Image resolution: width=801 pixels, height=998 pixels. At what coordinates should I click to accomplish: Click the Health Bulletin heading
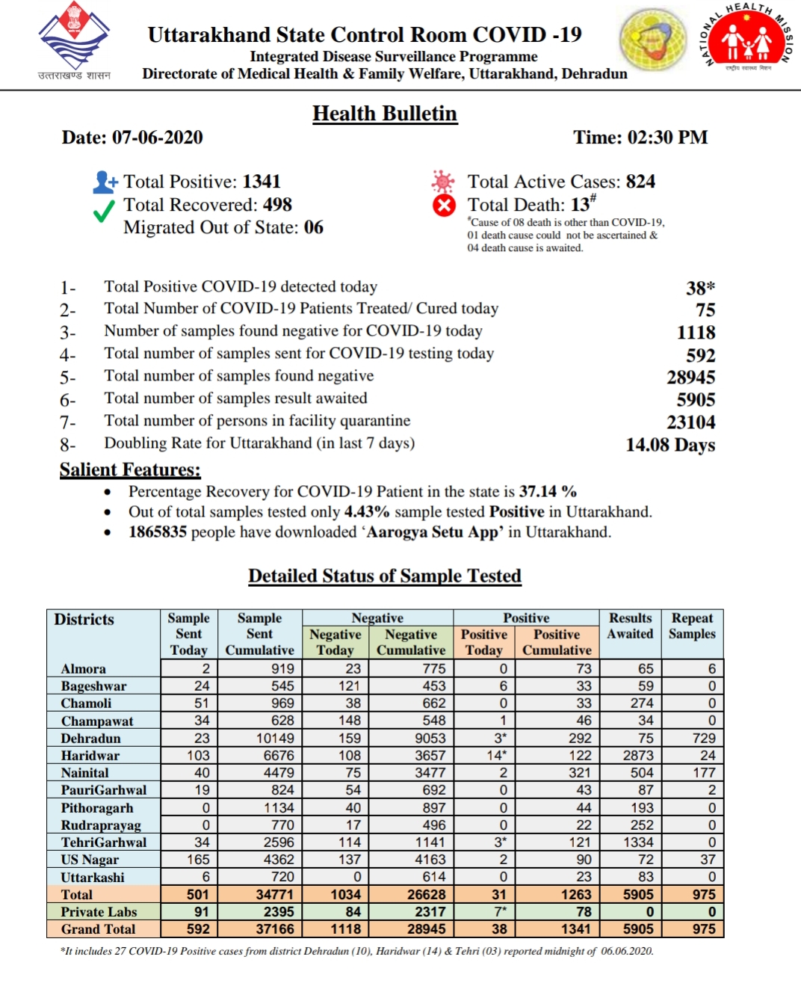pyautogui.click(x=384, y=114)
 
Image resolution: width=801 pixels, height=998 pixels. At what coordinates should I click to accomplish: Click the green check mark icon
pyautogui.click(x=104, y=212)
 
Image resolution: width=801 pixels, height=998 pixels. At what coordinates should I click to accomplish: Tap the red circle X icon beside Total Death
pyautogui.click(x=444, y=206)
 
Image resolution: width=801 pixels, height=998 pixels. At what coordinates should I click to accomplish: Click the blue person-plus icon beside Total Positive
pyautogui.click(x=105, y=182)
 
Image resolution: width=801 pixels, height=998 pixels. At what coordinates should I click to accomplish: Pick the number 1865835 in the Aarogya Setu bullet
pyautogui.click(x=157, y=532)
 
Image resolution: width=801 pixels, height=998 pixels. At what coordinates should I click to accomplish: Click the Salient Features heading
pyautogui.click(x=130, y=470)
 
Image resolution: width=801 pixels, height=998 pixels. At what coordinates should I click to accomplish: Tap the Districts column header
pyautogui.click(x=84, y=620)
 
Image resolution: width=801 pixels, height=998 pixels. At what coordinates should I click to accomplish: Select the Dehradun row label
pyautogui.click(x=90, y=739)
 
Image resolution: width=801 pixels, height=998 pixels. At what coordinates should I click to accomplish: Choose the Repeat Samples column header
pyautogui.click(x=692, y=626)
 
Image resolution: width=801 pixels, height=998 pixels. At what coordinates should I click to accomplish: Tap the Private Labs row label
pyautogui.click(x=99, y=912)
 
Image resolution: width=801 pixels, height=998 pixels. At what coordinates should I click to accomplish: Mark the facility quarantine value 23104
pyautogui.click(x=690, y=422)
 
